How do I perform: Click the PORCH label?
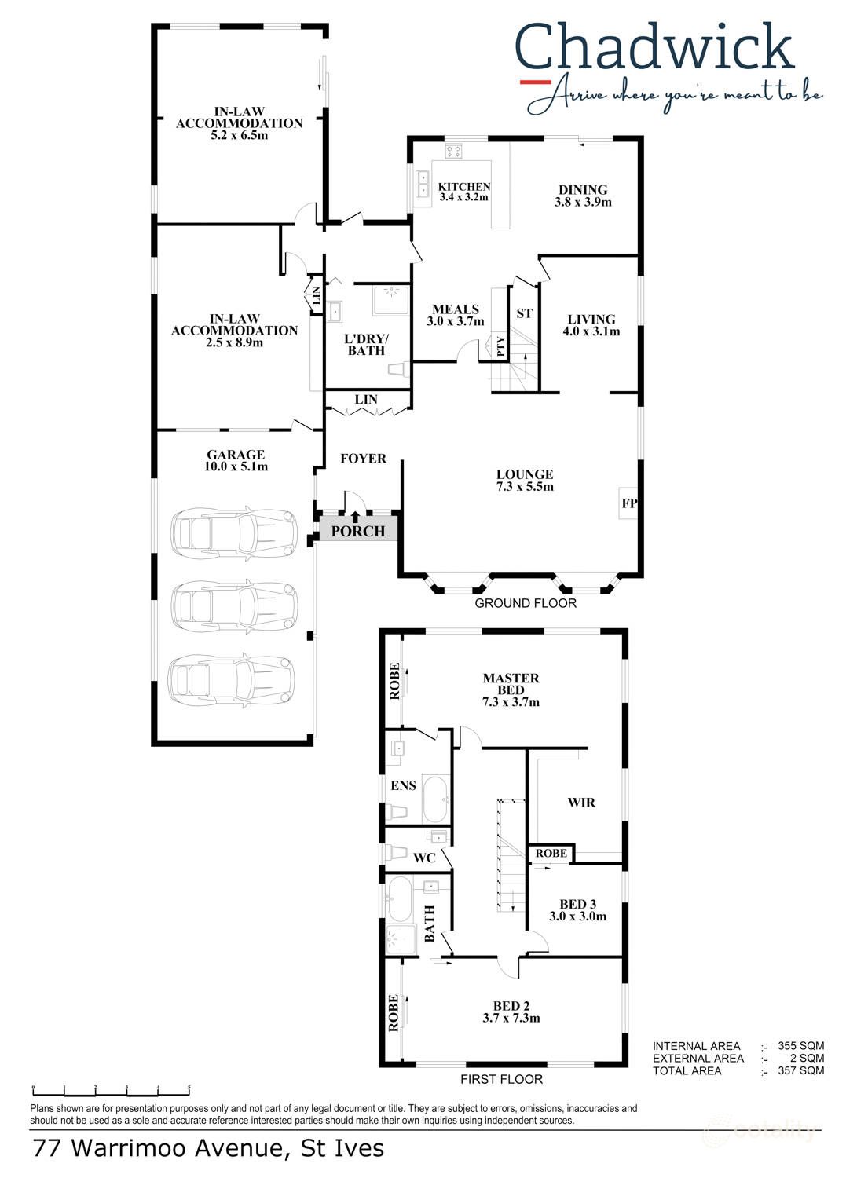tap(357, 531)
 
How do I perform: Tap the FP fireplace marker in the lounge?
tap(629, 503)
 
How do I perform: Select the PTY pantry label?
tap(500, 347)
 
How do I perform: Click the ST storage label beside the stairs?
tap(524, 313)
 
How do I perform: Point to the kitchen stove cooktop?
tap(453, 152)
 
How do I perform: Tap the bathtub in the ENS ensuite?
tap(435, 799)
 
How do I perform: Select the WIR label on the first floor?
tap(580, 803)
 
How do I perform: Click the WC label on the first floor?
tap(424, 858)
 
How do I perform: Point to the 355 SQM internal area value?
tap(800, 1046)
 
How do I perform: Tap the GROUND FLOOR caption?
tap(525, 603)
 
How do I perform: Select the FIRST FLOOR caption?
tap(501, 1080)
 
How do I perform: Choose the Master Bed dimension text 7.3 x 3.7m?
tap(511, 702)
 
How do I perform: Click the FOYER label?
tap(363, 459)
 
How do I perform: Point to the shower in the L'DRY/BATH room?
tap(390, 300)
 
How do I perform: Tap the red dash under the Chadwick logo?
tap(536, 82)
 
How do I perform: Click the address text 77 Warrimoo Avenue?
tap(158, 1148)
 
